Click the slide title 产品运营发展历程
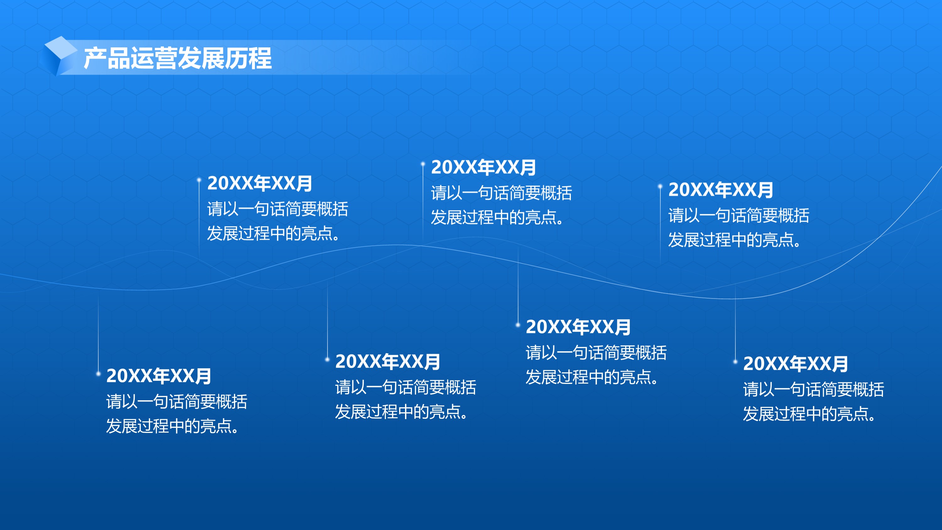(x=178, y=58)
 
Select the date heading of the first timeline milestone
(x=159, y=376)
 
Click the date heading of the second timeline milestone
(x=260, y=183)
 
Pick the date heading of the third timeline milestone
(x=387, y=361)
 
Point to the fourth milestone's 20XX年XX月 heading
(x=484, y=167)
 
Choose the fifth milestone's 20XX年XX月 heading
(x=578, y=327)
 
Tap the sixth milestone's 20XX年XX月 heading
(x=721, y=189)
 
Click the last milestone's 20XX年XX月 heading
(x=795, y=363)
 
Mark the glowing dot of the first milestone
(x=98, y=374)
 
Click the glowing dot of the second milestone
(x=199, y=180)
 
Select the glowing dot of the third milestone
(x=327, y=359)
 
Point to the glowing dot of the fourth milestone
(x=423, y=164)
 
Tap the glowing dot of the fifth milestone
(x=518, y=325)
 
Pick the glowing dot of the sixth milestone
(x=660, y=187)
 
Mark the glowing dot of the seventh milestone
(x=735, y=361)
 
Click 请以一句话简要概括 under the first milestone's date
(x=176, y=401)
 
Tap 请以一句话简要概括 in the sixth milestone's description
(x=739, y=215)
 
